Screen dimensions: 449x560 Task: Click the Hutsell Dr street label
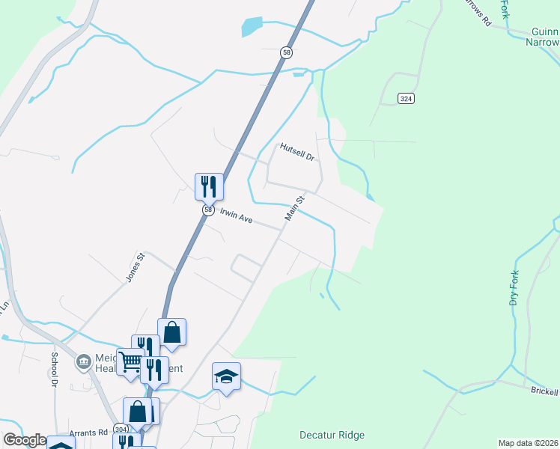click(x=298, y=153)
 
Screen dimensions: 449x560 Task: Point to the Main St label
click(x=294, y=208)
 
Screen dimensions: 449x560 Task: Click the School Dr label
click(x=55, y=369)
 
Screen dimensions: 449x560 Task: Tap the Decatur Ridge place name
click(x=331, y=435)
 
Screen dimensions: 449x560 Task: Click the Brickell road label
click(x=544, y=391)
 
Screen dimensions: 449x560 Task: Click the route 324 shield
click(x=406, y=99)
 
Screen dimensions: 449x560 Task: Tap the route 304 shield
click(x=121, y=429)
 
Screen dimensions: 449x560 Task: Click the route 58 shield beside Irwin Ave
click(x=207, y=210)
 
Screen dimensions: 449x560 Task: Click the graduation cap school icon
click(x=226, y=376)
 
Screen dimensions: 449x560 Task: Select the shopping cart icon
click(x=130, y=361)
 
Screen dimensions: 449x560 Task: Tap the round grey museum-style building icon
click(x=82, y=362)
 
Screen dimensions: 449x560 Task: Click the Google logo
click(x=25, y=439)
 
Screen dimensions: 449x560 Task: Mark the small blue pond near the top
click(x=251, y=27)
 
